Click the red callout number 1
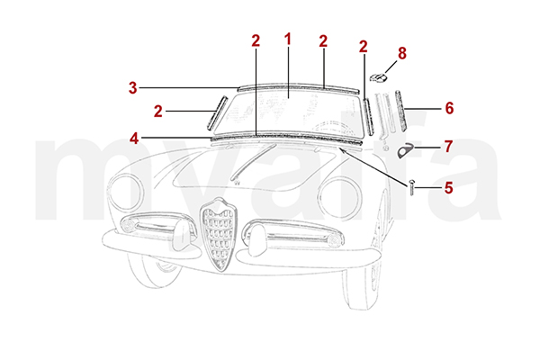[288, 40]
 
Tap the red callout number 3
[133, 88]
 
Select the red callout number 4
[134, 139]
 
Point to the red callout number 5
[448, 188]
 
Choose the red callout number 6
[449, 108]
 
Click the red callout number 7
[448, 147]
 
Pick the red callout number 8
[402, 53]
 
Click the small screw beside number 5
[412, 187]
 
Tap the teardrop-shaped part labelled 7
[405, 150]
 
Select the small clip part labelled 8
[378, 78]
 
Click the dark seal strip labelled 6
[400, 111]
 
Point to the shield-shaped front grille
[219, 233]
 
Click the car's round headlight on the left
[125, 193]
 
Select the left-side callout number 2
[158, 112]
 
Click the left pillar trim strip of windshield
[217, 113]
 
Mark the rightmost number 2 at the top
[363, 47]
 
